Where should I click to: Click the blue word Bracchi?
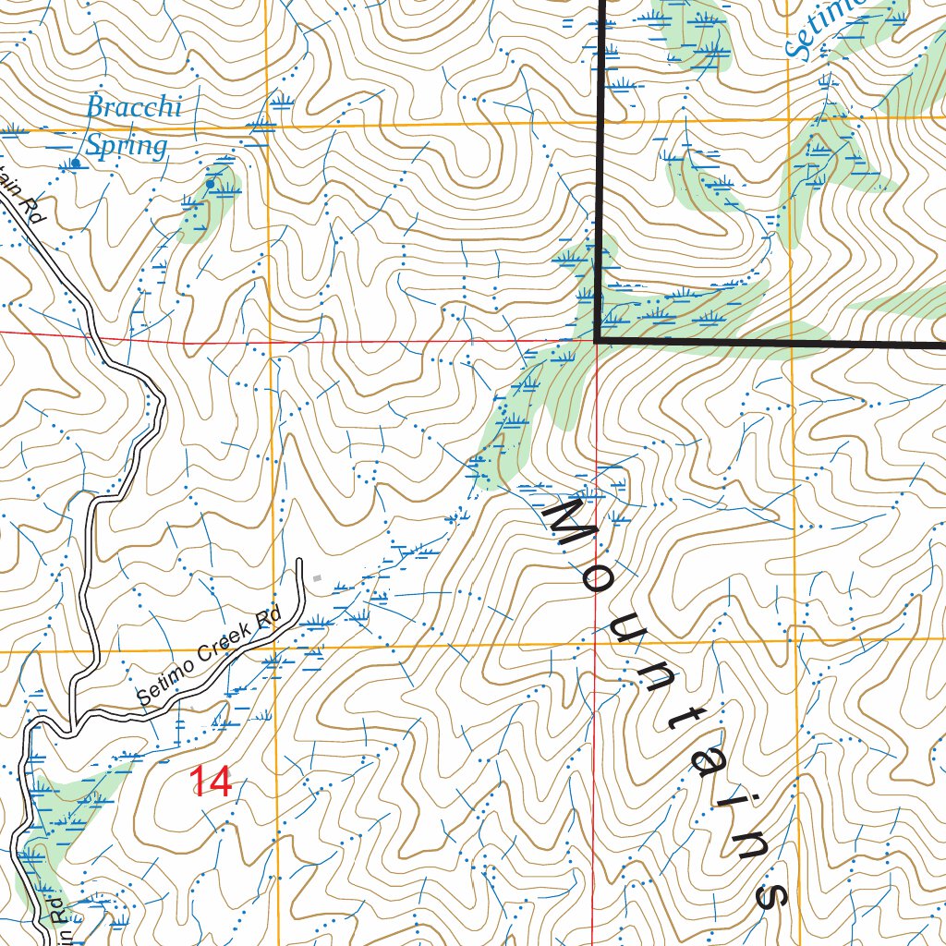click(x=133, y=108)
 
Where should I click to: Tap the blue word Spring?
click(x=127, y=146)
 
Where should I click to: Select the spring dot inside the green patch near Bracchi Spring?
click(x=211, y=184)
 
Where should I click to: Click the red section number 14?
click(x=211, y=782)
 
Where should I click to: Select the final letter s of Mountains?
click(x=770, y=892)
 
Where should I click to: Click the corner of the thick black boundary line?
click(x=598, y=340)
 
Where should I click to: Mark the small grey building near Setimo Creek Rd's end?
click(x=317, y=578)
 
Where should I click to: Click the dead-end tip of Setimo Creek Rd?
click(x=300, y=561)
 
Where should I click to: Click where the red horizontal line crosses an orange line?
click(x=270, y=341)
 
